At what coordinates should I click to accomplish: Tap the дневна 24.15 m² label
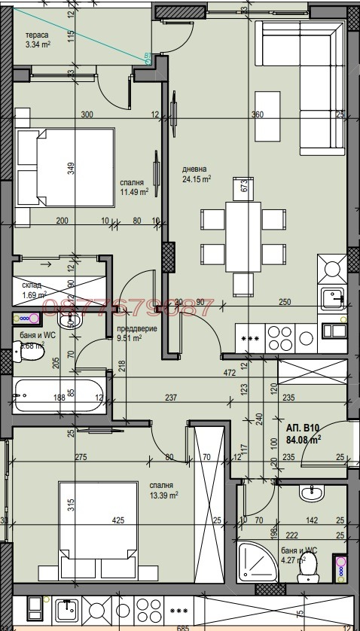click(x=196, y=174)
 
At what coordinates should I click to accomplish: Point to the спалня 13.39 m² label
click(x=163, y=490)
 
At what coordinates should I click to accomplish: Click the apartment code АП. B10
click(x=302, y=425)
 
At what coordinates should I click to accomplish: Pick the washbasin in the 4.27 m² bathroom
click(x=311, y=494)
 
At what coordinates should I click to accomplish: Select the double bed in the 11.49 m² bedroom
click(x=66, y=167)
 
